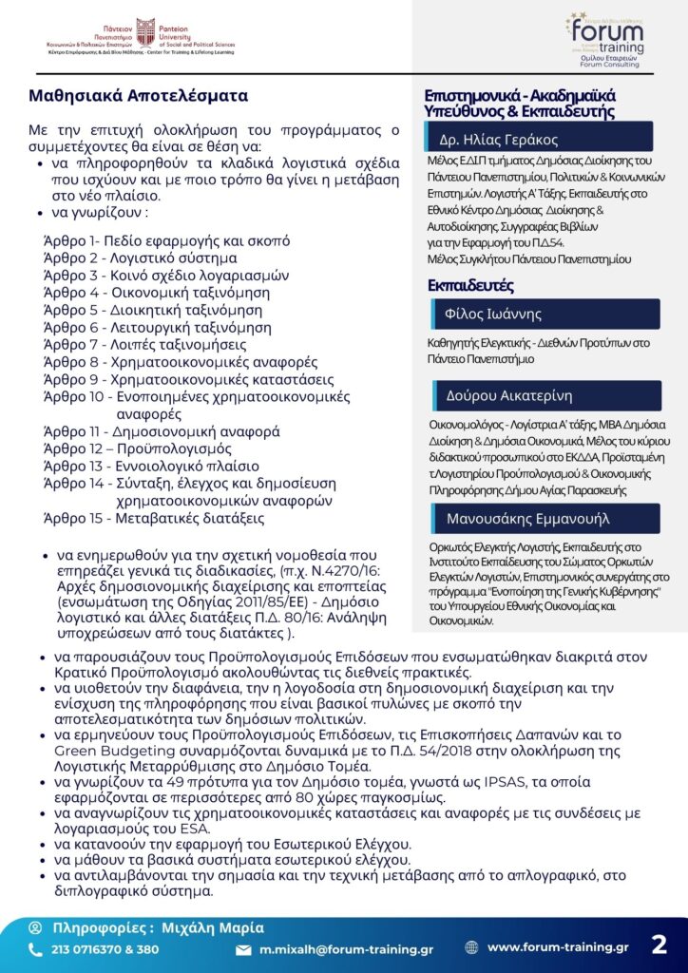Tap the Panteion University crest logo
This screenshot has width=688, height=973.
[x=145, y=31]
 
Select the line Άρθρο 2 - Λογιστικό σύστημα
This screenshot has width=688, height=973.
[x=141, y=258]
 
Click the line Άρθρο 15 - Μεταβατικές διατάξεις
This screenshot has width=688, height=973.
[x=154, y=518]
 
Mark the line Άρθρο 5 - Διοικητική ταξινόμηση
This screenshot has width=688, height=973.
[x=153, y=310]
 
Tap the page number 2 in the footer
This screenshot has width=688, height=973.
[x=659, y=945]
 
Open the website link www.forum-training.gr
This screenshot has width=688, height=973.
[x=558, y=947]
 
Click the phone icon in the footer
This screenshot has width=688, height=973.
[x=35, y=949]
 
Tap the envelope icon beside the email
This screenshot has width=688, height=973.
[x=243, y=949]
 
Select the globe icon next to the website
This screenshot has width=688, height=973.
[x=471, y=947]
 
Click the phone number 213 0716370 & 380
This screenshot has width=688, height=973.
[x=105, y=949]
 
